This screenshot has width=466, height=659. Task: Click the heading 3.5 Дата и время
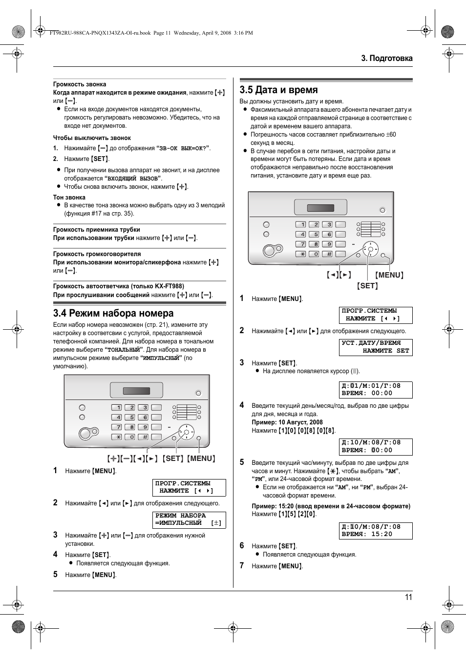[278, 90]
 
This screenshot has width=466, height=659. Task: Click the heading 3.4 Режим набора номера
[113, 313]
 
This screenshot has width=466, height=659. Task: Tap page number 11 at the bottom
[408, 597]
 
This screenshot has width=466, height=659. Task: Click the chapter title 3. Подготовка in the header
[387, 58]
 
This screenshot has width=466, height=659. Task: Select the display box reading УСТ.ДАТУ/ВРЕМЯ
[376, 347]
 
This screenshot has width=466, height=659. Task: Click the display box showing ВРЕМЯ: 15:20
[376, 531]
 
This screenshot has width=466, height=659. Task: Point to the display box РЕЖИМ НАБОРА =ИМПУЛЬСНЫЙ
[189, 519]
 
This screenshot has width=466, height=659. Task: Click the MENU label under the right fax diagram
[389, 275]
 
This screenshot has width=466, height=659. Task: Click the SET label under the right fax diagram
[367, 286]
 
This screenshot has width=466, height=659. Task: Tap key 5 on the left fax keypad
[129, 417]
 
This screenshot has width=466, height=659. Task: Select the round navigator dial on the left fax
[186, 432]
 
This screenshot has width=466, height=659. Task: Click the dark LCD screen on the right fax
[320, 208]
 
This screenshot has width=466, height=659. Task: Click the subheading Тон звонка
[69, 198]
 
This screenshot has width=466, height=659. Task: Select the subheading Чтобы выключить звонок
[92, 138]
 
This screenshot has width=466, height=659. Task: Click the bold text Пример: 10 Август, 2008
[287, 422]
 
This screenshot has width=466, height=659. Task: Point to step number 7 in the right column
[241, 566]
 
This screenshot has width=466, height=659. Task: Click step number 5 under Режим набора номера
[55, 575]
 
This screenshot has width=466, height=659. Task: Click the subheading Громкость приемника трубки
[97, 230]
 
